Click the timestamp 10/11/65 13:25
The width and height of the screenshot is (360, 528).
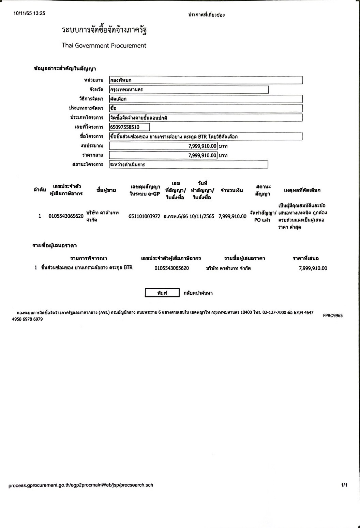point(29,14)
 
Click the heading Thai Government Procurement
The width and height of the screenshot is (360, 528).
point(104,46)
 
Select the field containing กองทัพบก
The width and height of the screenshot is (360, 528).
point(206,80)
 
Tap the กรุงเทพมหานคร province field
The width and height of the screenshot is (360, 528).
point(189,90)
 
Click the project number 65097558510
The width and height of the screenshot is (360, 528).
point(129,127)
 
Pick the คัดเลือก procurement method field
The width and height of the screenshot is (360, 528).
point(206,99)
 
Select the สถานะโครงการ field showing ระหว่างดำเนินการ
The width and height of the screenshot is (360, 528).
point(189,165)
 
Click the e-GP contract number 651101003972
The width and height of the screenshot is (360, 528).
point(144,216)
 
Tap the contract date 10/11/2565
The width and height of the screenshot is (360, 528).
point(202,216)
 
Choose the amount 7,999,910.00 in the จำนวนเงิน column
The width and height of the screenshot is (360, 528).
point(232,216)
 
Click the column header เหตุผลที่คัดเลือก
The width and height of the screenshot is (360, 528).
point(302,190)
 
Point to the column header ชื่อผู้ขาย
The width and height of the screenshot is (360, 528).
point(106,190)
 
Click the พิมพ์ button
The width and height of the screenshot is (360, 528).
point(162,293)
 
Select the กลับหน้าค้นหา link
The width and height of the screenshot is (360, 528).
point(198,293)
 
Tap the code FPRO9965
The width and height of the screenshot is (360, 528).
point(333,315)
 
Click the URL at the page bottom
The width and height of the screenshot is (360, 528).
point(81,485)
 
